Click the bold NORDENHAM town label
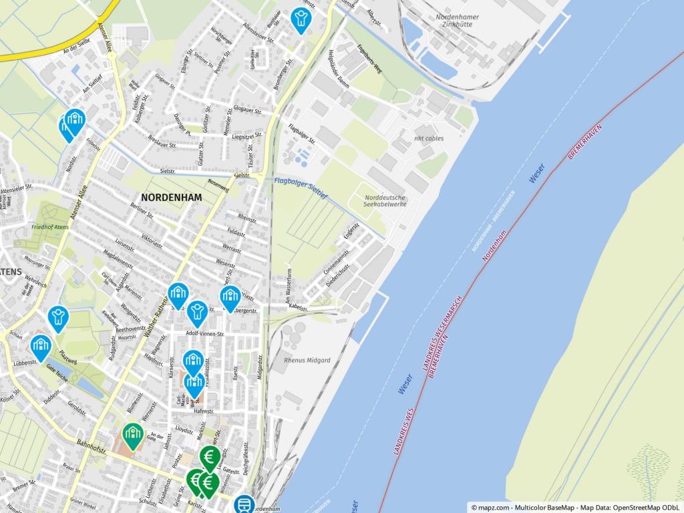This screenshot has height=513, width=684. point(172,198)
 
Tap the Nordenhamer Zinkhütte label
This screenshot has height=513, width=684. point(457,19)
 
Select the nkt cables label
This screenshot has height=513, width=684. point(430,139)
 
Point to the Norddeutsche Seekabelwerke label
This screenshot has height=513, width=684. point(385,200)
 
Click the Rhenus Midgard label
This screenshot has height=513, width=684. point(307,361)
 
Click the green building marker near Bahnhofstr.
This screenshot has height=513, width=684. point(133,435)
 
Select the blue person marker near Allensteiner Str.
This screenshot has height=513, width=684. point(301,18)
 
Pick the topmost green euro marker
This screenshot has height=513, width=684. point(210,458)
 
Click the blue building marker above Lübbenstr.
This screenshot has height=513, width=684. point(41,345)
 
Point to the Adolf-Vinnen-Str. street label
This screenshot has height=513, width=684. point(196,333)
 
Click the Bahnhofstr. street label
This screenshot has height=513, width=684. point(92,447)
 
